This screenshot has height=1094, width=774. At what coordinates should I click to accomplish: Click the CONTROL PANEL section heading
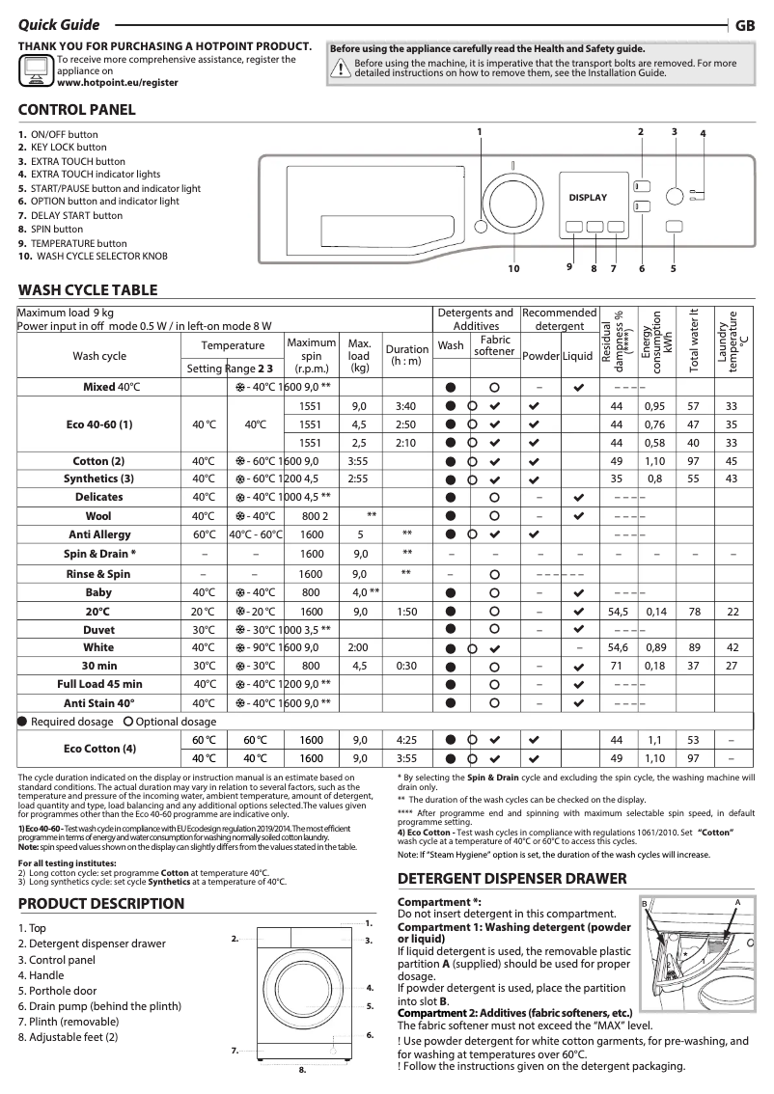click(x=77, y=110)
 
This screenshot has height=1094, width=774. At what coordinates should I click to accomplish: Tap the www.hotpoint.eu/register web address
click(x=118, y=83)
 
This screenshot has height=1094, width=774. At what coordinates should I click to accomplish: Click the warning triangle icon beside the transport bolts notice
click(x=341, y=68)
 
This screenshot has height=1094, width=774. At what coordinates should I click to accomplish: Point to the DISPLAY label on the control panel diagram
click(x=588, y=198)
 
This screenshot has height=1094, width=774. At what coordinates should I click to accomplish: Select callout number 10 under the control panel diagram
click(x=513, y=268)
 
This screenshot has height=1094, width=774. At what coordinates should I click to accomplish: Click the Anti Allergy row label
click(x=98, y=533)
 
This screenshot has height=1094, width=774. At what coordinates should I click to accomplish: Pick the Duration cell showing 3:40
click(x=406, y=406)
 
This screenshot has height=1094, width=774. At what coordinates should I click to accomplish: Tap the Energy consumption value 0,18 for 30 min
click(x=655, y=666)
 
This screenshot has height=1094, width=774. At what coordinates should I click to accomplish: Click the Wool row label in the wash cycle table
click(x=98, y=516)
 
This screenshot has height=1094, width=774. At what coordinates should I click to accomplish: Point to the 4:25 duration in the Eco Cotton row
click(x=406, y=740)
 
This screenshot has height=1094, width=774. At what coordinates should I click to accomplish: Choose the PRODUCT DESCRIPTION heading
click(x=101, y=904)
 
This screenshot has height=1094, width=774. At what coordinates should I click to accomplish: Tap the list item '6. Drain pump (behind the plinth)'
click(x=99, y=1006)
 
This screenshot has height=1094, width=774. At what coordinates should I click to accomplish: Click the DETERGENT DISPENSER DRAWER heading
click(x=512, y=879)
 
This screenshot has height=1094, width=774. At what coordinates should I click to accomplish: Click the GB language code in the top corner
click(x=745, y=26)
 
